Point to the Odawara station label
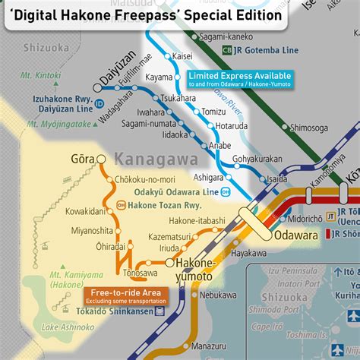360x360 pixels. click(x=298, y=235)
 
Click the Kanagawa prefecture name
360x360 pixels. click(x=156, y=159)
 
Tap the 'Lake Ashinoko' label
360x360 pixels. click(x=63, y=327)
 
